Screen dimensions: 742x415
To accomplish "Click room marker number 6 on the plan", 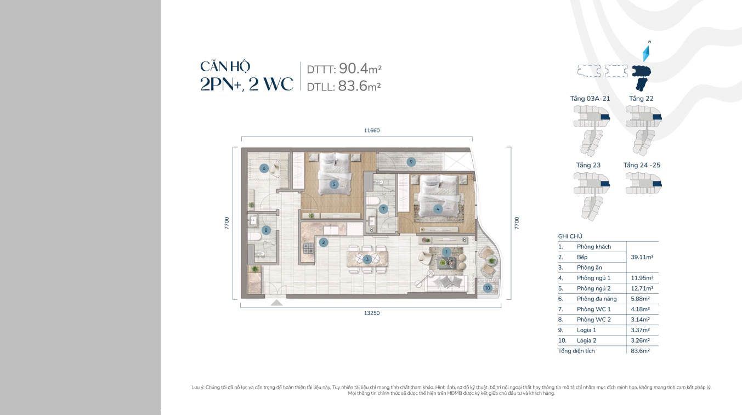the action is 264,168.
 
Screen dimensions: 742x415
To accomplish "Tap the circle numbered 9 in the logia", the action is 411,162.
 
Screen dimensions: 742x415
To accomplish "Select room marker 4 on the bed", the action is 438,209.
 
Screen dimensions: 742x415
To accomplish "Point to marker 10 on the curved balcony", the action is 488,288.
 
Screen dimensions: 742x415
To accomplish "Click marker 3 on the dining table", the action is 367,259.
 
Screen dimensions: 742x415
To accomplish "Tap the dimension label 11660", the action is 372,130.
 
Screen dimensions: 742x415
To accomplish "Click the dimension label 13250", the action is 372,313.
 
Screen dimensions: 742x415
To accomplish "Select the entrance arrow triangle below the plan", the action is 276,303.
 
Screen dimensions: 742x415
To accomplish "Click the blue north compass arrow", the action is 646,54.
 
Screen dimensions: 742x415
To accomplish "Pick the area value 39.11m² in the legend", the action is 642,257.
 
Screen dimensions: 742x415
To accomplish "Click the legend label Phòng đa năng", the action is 597,299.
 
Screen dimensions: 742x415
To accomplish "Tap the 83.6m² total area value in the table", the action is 640,351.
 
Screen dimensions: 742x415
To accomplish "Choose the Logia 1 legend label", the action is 586,330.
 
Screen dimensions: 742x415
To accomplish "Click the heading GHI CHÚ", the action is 570,236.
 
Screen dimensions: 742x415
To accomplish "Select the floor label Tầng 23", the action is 588,165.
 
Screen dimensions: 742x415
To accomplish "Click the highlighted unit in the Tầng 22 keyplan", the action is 657,117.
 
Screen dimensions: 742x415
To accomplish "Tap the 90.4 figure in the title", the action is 354,68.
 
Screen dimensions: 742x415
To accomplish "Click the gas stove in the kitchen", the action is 308,248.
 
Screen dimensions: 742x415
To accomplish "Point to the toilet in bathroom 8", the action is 254,236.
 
